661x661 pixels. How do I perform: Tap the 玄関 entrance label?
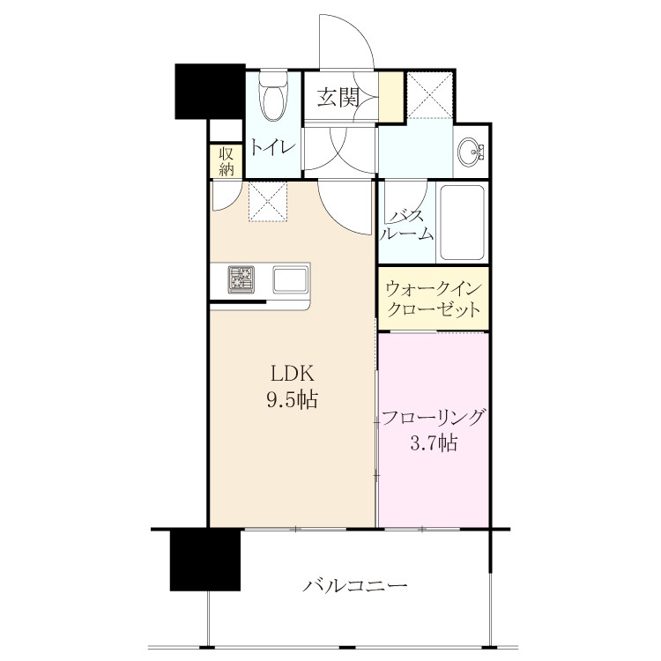pyautogui.click(x=338, y=97)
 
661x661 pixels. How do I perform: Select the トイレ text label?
pyautogui.click(x=272, y=147)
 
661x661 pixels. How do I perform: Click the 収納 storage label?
pyautogui.click(x=227, y=161)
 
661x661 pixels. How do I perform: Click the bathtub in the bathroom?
pyautogui.click(x=462, y=222)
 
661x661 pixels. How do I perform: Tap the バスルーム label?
pyautogui.click(x=406, y=226)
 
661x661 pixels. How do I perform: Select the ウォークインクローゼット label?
pyautogui.click(x=434, y=299)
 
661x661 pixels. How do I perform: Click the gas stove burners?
pyautogui.click(x=241, y=279)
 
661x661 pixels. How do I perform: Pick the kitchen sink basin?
pyautogui.click(x=290, y=279)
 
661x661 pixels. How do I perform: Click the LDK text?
pyautogui.click(x=292, y=373)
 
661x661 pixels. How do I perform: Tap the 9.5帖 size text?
pyautogui.click(x=292, y=399)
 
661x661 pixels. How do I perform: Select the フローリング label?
pyautogui.click(x=433, y=418)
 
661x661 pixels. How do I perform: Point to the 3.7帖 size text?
pyautogui.click(x=434, y=443)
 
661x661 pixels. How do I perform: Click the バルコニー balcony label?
pyautogui.click(x=355, y=585)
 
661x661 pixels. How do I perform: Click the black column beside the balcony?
pyautogui.click(x=205, y=561)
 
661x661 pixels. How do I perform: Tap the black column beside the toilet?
pyautogui.click(x=211, y=92)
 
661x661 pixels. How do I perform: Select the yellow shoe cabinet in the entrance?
pyautogui.click(x=390, y=97)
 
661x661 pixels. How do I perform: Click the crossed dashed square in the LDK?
pyautogui.click(x=268, y=201)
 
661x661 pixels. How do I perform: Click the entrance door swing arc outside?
pyautogui.click(x=360, y=32)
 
